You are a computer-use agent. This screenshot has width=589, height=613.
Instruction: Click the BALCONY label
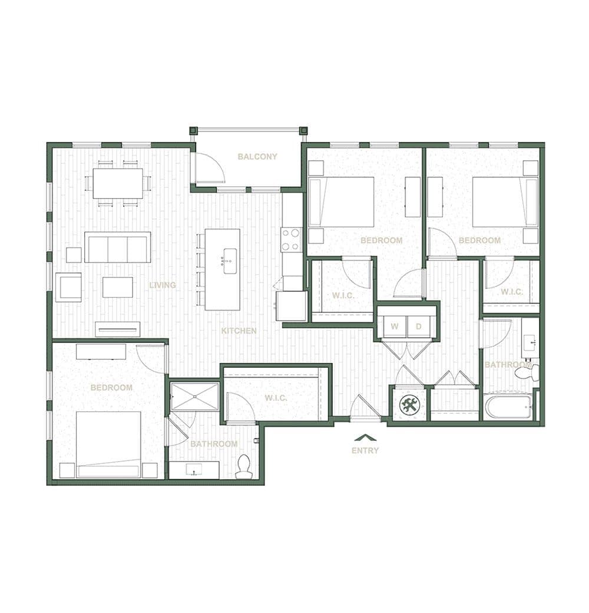click(257, 157)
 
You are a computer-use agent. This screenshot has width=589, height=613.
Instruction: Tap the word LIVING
click(163, 285)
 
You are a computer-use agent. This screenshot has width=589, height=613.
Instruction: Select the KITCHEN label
click(239, 331)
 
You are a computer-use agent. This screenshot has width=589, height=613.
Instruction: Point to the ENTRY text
click(365, 450)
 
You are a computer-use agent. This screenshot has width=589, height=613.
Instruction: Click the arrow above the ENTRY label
click(365, 437)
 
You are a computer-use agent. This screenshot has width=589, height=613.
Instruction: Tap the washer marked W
click(395, 327)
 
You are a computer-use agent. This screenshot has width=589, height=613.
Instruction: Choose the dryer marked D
click(419, 327)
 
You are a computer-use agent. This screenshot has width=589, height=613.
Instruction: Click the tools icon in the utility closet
click(409, 405)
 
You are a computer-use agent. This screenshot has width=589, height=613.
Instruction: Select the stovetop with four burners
click(291, 240)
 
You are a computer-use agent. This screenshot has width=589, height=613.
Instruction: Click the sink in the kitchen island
click(230, 261)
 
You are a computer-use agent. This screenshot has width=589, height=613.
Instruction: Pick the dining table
click(118, 183)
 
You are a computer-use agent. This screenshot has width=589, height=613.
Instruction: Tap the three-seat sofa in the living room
click(118, 247)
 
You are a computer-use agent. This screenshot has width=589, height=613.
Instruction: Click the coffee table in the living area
click(118, 288)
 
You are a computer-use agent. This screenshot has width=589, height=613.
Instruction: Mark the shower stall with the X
click(194, 397)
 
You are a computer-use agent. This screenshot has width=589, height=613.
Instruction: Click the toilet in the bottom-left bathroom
click(244, 467)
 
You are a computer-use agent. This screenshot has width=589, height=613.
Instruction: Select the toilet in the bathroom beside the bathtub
click(527, 373)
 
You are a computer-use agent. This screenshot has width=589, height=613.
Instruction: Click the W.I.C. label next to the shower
click(276, 398)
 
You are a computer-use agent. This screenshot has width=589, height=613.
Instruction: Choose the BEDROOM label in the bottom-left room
click(111, 388)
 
